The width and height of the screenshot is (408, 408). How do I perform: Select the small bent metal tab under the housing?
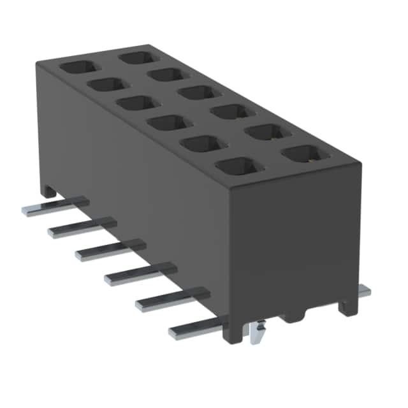pyautogui.click(x=258, y=331)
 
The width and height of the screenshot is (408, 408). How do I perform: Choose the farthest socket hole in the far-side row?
pyautogui.click(x=138, y=57)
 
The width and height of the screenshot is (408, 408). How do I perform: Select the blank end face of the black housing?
pyautogui.click(x=293, y=242)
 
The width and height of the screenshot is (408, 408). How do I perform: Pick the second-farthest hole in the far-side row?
pyautogui.click(x=166, y=75)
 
